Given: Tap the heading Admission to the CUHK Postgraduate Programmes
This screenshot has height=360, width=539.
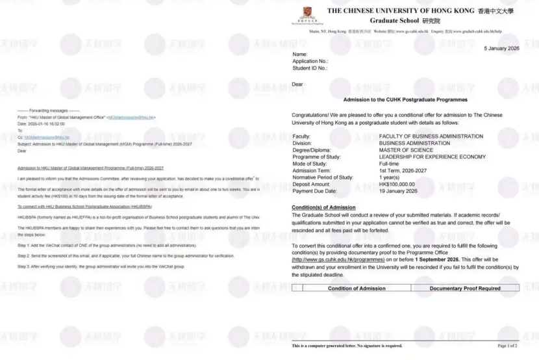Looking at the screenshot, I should coord(405,99).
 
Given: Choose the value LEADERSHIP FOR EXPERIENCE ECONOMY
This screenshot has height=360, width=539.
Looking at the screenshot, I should coord(432,157).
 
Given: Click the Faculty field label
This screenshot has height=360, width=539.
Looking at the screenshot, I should coord(303,136).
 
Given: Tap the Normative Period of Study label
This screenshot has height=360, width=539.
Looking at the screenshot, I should coord(323,177).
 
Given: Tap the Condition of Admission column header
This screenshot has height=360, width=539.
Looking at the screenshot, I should coord(357,288).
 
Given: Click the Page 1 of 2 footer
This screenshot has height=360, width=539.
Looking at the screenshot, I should coord(507,346).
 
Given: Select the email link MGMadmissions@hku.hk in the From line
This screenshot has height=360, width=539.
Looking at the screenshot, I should coord(132,117).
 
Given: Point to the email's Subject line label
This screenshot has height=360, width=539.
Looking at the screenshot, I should coord(24,144).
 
